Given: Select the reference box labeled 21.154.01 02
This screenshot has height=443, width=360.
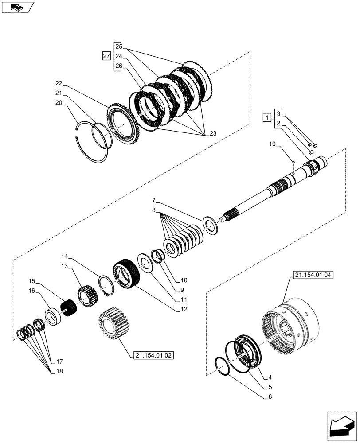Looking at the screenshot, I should point(153,355).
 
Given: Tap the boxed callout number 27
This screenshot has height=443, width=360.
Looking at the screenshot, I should point(106,56).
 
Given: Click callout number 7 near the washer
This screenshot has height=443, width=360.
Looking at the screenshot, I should point(153,201).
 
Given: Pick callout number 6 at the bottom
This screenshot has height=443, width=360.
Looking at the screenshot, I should point(269,396).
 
